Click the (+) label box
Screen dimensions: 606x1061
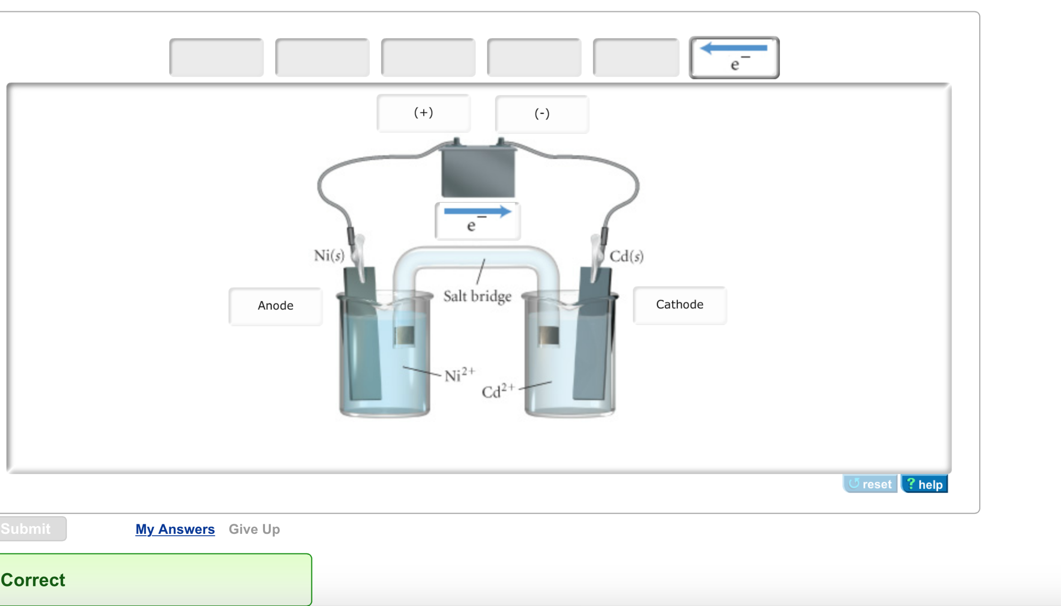click(423, 113)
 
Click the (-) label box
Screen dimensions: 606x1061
click(542, 114)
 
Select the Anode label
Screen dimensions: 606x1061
click(276, 306)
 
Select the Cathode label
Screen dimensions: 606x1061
click(679, 305)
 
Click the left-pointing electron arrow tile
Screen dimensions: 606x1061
click(734, 57)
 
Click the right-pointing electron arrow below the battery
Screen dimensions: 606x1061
click(477, 220)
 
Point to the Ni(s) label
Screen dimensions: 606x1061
click(329, 256)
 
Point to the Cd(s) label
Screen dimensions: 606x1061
click(626, 257)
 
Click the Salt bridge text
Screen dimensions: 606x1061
click(477, 296)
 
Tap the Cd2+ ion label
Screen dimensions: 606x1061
click(497, 391)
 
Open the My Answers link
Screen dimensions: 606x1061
click(175, 529)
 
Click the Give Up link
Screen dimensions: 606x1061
click(254, 529)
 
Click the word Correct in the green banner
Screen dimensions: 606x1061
click(33, 580)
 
